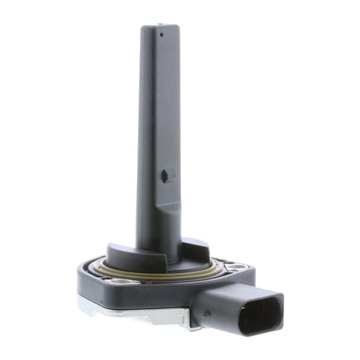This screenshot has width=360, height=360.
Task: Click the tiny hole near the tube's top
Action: pyautogui.click(x=162, y=34)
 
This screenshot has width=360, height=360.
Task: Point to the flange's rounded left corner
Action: pyautogui.click(x=85, y=279)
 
